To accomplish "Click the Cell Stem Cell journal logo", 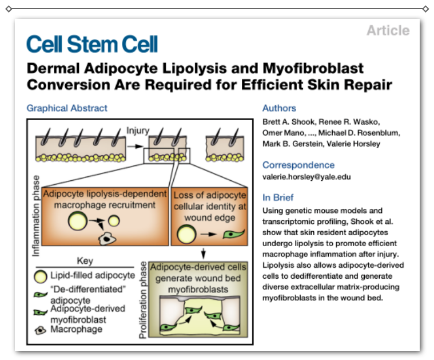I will point(92,44).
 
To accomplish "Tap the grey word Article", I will point(388,30).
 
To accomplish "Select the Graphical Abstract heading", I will point(67,108).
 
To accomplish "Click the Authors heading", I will point(279,108).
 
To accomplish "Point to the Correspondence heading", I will point(298,165).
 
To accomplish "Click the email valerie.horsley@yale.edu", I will point(306,177).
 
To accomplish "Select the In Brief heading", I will point(278,197).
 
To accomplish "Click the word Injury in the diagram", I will point(137,131).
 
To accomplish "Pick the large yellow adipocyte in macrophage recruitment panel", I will point(77,222).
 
